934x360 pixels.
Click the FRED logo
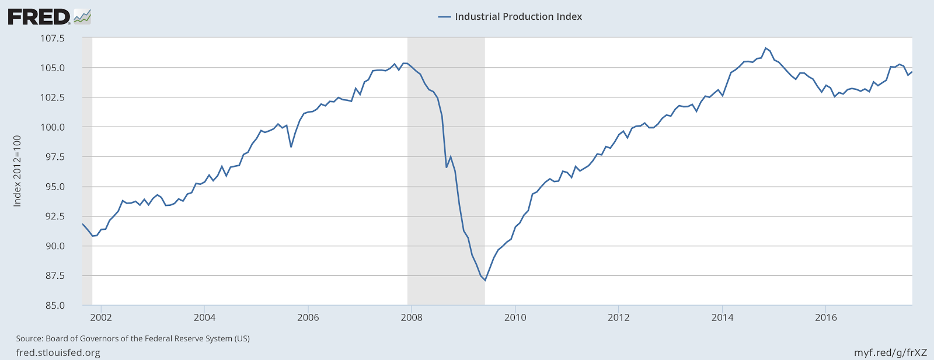click(39, 16)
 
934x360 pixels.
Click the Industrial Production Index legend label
click(518, 17)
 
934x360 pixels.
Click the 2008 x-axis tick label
click(412, 317)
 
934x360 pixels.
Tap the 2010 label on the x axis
click(515, 317)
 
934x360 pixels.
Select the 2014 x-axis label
click(722, 317)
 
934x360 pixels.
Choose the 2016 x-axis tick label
click(825, 317)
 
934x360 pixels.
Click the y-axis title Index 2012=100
click(18, 171)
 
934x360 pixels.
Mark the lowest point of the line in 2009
click(485, 281)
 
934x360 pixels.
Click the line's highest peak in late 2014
click(765, 48)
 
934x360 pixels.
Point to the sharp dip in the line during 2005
click(291, 146)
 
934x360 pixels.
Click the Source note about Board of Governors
click(133, 338)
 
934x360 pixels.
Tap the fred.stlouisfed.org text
click(58, 353)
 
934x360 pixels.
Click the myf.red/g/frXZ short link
click(890, 353)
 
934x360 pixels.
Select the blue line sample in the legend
click(444, 17)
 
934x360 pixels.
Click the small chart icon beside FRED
click(82, 16)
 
